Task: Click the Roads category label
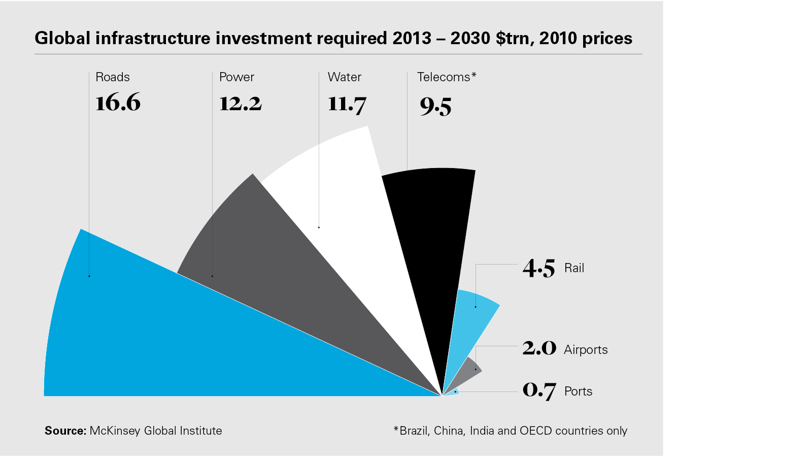tap(113, 77)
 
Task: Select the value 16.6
tap(118, 103)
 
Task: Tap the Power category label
tap(236, 77)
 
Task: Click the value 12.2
tap(240, 104)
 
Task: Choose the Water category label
tap(345, 77)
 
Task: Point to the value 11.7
tap(347, 104)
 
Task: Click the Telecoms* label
tap(447, 77)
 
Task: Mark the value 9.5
tap(435, 106)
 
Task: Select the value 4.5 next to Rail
tap(539, 268)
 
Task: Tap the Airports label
tap(586, 350)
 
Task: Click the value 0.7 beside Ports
tap(539, 390)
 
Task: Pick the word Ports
tap(579, 391)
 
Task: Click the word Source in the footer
tap(65, 431)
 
